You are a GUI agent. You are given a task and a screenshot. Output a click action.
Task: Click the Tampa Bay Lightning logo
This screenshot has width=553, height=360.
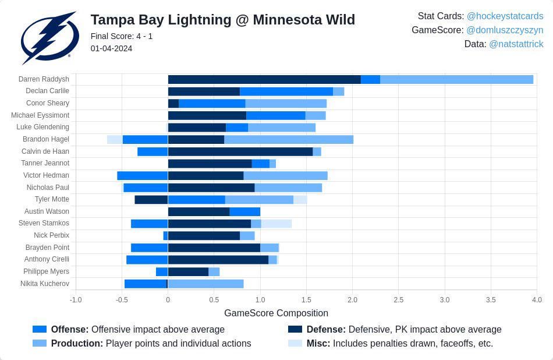click(x=49, y=37)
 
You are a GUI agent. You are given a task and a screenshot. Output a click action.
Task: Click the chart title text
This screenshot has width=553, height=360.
click(x=222, y=20)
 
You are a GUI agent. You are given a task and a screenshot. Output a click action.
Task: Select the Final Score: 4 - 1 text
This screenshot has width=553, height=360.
click(x=122, y=36)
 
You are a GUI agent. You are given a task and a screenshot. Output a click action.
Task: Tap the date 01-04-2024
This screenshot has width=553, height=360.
click(x=111, y=48)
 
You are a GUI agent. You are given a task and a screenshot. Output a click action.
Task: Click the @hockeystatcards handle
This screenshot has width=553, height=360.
click(x=505, y=16)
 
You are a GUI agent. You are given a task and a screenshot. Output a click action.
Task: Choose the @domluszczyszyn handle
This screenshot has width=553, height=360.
click(x=505, y=30)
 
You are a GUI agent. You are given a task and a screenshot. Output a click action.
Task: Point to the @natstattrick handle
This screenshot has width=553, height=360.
click(x=516, y=44)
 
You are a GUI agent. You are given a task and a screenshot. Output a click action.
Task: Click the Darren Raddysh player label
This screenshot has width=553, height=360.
click(x=44, y=79)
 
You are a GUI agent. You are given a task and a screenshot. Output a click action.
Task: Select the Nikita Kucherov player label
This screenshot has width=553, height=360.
click(x=45, y=284)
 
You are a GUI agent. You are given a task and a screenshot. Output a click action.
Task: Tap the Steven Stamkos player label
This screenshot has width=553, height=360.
click(x=44, y=223)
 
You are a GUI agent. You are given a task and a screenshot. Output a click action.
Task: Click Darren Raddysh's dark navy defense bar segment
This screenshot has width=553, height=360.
click(x=264, y=79)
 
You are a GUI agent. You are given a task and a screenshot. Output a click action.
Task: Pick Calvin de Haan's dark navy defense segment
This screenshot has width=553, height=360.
click(x=240, y=151)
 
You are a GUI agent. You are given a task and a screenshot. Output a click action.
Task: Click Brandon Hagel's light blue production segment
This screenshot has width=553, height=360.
click(x=289, y=139)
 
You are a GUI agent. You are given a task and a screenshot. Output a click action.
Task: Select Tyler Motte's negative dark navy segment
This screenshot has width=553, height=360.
click(x=151, y=199)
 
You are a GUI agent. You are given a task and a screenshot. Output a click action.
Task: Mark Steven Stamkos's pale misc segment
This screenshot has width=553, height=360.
click(x=276, y=224)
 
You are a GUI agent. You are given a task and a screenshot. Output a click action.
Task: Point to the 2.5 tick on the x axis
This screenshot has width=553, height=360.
click(x=398, y=300)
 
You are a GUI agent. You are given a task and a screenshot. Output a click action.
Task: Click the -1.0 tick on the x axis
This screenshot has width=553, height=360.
click(x=76, y=300)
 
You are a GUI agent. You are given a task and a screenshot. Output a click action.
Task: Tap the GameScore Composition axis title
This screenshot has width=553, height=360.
click(x=276, y=313)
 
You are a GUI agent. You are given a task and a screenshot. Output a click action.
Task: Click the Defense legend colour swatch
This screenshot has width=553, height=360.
click(x=295, y=329)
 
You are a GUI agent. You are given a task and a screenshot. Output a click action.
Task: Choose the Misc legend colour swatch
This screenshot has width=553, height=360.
click(x=295, y=343)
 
